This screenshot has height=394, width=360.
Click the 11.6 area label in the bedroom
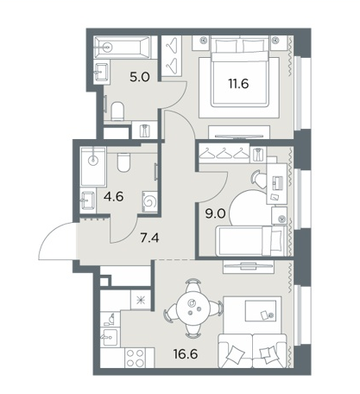[238, 84]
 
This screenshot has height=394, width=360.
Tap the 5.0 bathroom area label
[140, 77]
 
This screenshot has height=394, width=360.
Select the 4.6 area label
[114, 197]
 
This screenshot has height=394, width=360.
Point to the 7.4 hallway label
[149, 238]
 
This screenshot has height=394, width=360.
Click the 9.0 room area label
[215, 213]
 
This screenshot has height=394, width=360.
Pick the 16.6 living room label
[186, 354]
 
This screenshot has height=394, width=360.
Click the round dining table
[193, 308]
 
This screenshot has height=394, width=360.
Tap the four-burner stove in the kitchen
[136, 358]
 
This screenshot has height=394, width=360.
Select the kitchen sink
[111, 337]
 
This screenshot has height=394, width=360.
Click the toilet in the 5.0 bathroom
[117, 111]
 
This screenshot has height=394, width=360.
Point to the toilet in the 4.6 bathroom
[124, 162]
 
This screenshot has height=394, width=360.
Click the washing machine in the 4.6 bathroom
[150, 201]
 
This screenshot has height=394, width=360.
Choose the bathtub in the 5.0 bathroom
[123, 47]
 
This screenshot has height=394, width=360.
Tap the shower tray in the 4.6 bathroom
[94, 167]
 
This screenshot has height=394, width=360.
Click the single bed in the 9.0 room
[251, 241]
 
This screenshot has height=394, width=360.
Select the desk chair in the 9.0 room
[258, 179]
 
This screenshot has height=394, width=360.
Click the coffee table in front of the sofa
[261, 311]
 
